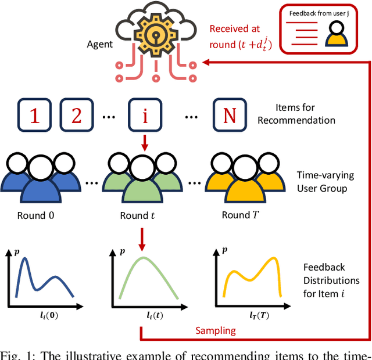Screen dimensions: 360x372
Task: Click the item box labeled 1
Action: [x=34, y=116]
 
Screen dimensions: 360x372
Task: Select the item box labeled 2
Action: [x=76, y=116]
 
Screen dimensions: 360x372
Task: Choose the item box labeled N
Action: [x=229, y=116]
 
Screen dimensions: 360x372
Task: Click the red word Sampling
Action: [x=216, y=330]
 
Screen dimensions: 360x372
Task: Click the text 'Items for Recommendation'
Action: [x=305, y=114]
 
